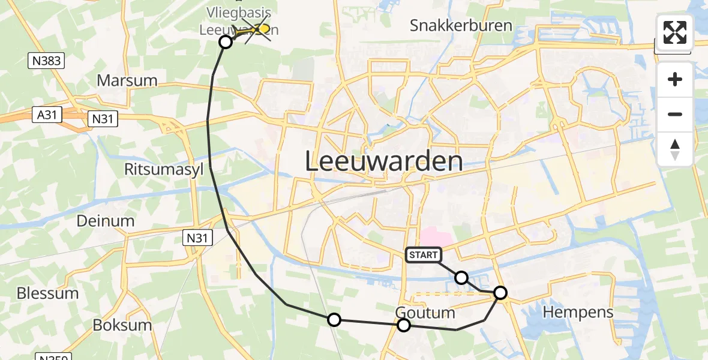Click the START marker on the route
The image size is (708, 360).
coord(424,255)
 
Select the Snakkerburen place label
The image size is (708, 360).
coord(461,25)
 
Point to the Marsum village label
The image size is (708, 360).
coord(127,80)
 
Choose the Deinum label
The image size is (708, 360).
coord(106,221)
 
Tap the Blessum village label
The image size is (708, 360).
coord(48,293)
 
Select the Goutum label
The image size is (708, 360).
coord(425,313)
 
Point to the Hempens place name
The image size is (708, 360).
coord(578,312)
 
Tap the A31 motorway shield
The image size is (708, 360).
coord(47,115)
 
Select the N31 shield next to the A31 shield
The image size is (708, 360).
coord(102,119)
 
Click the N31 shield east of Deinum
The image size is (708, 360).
coord(197,238)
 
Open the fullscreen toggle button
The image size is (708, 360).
coord(675,32)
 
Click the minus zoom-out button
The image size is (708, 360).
coord(675,114)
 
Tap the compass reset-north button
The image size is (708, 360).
coord(675,149)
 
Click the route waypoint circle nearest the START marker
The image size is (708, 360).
coord(461,278)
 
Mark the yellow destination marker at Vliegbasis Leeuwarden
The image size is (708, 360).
coord(262,28)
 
